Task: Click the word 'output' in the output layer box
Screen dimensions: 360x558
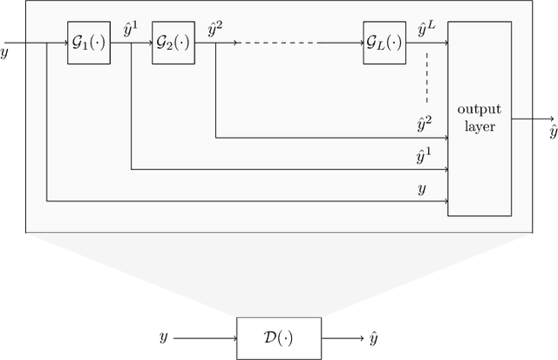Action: pyautogui.click(x=477, y=109)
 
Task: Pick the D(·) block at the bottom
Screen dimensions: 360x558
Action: pyautogui.click(x=278, y=337)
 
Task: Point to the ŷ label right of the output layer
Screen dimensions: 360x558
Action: pyautogui.click(x=552, y=132)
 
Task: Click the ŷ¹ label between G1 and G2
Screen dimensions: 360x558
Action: pyautogui.click(x=132, y=31)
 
